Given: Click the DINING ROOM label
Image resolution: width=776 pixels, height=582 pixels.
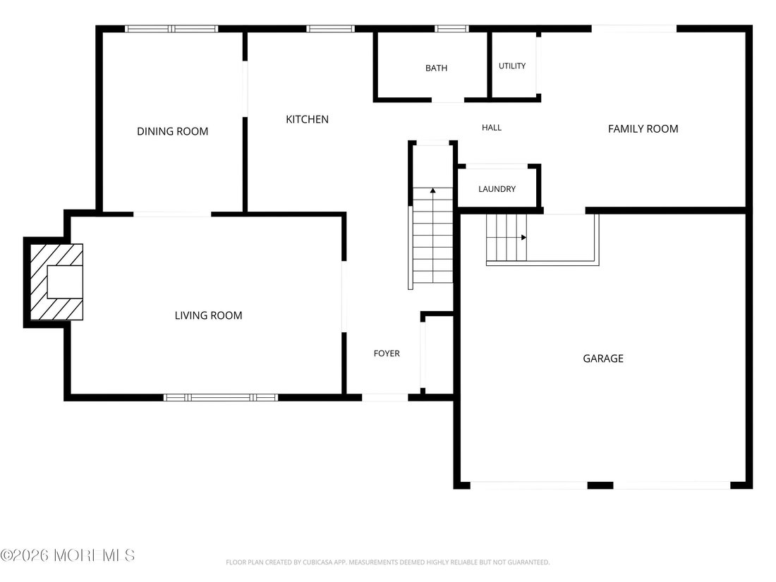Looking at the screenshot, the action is coord(172,132).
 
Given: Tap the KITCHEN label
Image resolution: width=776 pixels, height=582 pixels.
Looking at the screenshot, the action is coord(308,119).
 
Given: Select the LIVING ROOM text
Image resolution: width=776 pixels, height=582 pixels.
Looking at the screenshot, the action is coord(208,316).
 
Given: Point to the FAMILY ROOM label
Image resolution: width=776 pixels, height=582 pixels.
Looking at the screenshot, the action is coord(643,129).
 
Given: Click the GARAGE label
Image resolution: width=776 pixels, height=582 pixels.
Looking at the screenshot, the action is coord(602,359).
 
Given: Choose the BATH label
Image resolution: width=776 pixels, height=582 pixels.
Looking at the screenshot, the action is coord(436,68).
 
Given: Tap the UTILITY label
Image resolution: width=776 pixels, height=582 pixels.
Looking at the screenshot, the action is coord(511,66).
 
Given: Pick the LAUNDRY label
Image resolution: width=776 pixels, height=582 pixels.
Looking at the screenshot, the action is coord(497,189).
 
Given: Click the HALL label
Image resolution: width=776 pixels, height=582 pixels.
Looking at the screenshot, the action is coord(492,128).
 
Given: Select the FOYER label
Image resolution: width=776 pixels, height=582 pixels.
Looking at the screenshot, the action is coord(387,353).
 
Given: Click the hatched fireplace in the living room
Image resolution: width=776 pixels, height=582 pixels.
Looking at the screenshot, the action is coord(56,282).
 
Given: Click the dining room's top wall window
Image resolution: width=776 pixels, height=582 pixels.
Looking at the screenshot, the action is coord(171,29).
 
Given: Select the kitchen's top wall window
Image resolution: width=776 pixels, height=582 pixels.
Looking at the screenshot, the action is coord(330,29).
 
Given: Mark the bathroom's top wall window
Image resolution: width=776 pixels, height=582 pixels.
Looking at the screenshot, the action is coord(451,29).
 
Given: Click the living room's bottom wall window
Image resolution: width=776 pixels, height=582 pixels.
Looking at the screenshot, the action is coord(221,397).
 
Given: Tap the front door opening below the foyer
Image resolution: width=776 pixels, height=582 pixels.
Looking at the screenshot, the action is coord(385,397).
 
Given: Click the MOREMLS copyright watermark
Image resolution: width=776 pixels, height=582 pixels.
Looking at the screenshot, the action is coord(68,555).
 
